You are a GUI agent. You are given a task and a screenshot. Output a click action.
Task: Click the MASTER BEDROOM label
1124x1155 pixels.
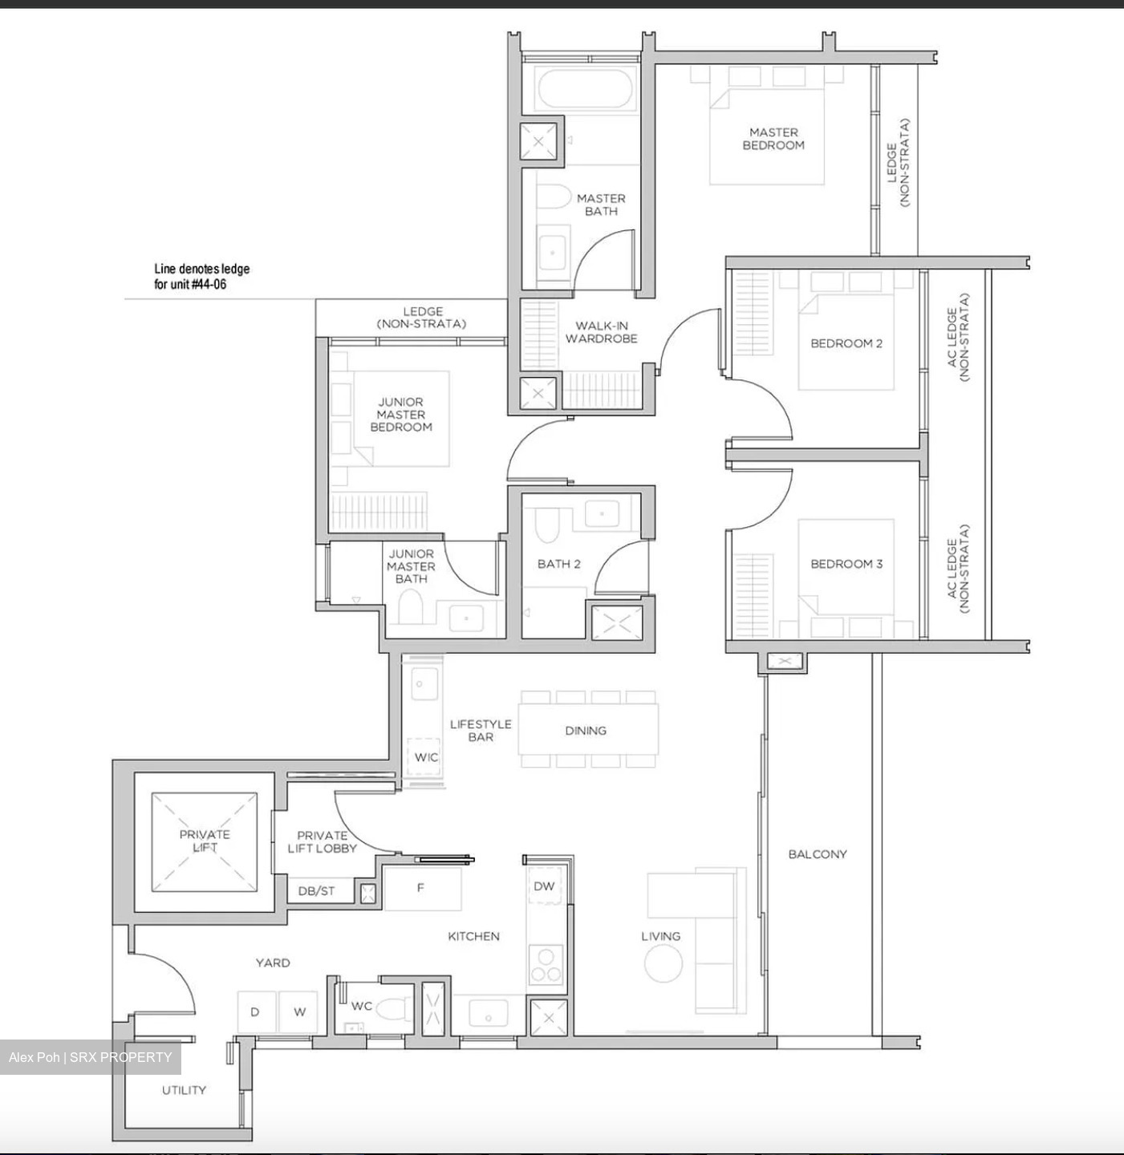(773, 139)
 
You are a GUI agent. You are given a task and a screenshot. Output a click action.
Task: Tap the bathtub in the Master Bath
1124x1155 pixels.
(586, 88)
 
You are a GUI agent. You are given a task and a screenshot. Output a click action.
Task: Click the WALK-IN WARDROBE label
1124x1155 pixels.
(601, 332)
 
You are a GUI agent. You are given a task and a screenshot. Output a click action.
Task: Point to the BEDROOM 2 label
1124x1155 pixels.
(846, 343)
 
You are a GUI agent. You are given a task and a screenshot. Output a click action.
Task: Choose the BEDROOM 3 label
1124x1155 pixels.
(846, 564)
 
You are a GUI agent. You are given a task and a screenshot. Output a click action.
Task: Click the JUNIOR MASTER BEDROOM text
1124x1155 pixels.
(400, 415)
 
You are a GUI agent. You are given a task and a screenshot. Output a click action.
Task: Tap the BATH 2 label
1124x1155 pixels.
(558, 564)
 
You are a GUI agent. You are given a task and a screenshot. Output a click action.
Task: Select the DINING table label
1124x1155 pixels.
(586, 731)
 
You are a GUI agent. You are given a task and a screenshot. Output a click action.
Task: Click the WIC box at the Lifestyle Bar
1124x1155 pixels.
(426, 757)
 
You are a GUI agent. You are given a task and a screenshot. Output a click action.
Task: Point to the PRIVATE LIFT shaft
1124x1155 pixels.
(205, 841)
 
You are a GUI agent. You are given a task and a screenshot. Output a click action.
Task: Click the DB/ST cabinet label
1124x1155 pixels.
(316, 891)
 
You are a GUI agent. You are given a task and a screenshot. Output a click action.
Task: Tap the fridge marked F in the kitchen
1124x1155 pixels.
(422, 889)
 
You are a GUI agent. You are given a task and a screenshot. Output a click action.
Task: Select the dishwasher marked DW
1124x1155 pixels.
(544, 886)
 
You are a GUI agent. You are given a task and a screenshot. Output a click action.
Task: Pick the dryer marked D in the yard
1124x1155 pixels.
(255, 1012)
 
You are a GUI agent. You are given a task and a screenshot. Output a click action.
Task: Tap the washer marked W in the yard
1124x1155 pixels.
(298, 1012)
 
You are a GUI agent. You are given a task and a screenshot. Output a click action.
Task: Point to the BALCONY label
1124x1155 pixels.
(817, 854)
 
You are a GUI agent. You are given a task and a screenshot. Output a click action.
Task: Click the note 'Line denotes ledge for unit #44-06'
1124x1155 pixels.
(201, 277)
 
